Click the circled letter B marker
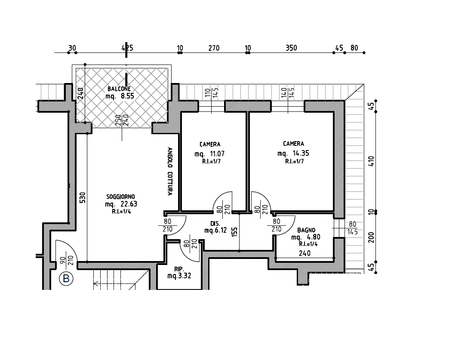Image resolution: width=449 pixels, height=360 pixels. click(x=66, y=279)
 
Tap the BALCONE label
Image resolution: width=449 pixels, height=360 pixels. click(x=119, y=89)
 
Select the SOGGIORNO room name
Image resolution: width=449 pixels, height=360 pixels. click(x=120, y=197)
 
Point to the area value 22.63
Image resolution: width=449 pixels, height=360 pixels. click(x=129, y=204)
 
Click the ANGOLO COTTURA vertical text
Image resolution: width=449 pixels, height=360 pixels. click(x=170, y=171)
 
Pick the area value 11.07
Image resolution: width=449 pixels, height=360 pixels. click(x=217, y=154)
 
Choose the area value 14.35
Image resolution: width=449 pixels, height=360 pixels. click(x=301, y=153)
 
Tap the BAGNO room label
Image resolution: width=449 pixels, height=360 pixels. click(x=306, y=230)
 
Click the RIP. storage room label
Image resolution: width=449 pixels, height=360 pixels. click(x=179, y=269)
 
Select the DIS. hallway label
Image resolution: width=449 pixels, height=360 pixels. click(x=215, y=224)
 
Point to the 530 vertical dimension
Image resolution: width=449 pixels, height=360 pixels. click(x=83, y=197)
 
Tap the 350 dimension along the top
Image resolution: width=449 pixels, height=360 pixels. click(x=291, y=48)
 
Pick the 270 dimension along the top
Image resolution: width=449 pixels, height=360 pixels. click(x=214, y=48)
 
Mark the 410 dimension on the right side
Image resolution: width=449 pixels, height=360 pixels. click(x=371, y=162)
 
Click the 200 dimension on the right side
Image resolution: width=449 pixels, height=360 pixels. click(x=372, y=237)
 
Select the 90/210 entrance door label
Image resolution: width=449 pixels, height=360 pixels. click(x=67, y=260)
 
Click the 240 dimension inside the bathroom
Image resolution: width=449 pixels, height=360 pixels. click(x=304, y=253)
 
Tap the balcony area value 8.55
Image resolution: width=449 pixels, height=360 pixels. click(x=127, y=96)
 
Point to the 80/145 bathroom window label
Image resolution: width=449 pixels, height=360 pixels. click(x=353, y=228)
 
